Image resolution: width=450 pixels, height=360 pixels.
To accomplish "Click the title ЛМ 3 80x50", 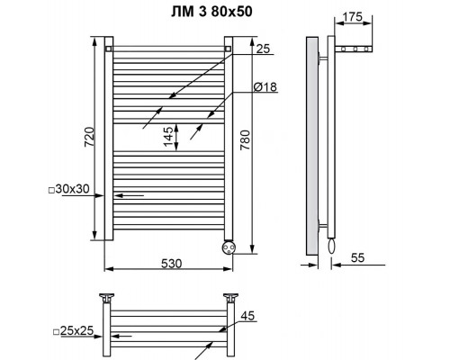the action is [x=211, y=12].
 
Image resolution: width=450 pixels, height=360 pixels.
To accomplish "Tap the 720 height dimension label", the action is [x=89, y=137].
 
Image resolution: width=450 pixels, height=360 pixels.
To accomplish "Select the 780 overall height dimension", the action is [x=245, y=140].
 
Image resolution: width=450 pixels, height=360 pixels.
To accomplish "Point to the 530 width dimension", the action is [x=172, y=264].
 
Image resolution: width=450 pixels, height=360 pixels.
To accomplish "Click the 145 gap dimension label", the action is [x=168, y=137].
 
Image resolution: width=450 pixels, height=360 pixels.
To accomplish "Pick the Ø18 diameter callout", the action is [x=265, y=87].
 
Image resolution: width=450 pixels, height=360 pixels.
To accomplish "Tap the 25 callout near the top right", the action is [x=263, y=49].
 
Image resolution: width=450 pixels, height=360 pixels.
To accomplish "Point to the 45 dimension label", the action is [x=247, y=316].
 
